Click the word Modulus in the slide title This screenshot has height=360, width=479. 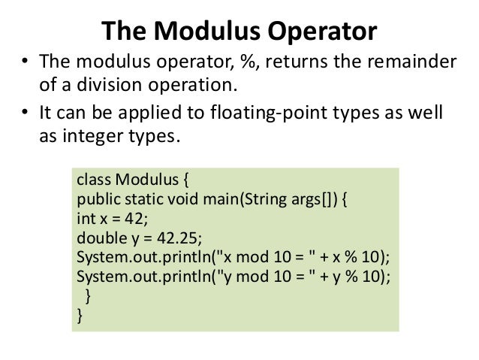pos(200,31)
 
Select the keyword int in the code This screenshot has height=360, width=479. pos(85,220)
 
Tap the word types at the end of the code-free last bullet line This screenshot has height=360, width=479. pos(157,139)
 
